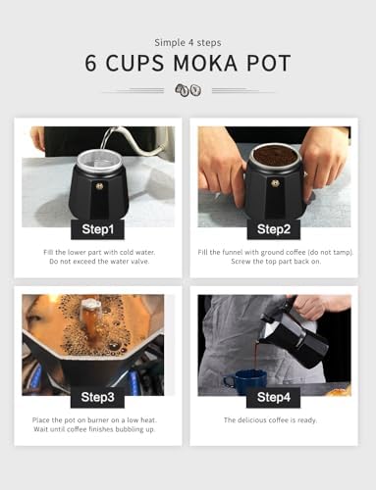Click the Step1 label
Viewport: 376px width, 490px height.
pyautogui.click(x=97, y=231)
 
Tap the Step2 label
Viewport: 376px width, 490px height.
pyautogui.click(x=273, y=231)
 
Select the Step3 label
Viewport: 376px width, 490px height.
pyautogui.click(x=97, y=397)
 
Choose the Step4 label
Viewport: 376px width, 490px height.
pyautogui.click(x=273, y=397)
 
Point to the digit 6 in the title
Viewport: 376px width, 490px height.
pyautogui.click(x=90, y=65)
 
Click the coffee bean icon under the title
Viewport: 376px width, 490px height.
pyautogui.click(x=188, y=90)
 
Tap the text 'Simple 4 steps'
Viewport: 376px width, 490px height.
pyautogui.click(x=188, y=42)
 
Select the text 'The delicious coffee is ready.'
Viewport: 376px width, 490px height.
pyautogui.click(x=273, y=419)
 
